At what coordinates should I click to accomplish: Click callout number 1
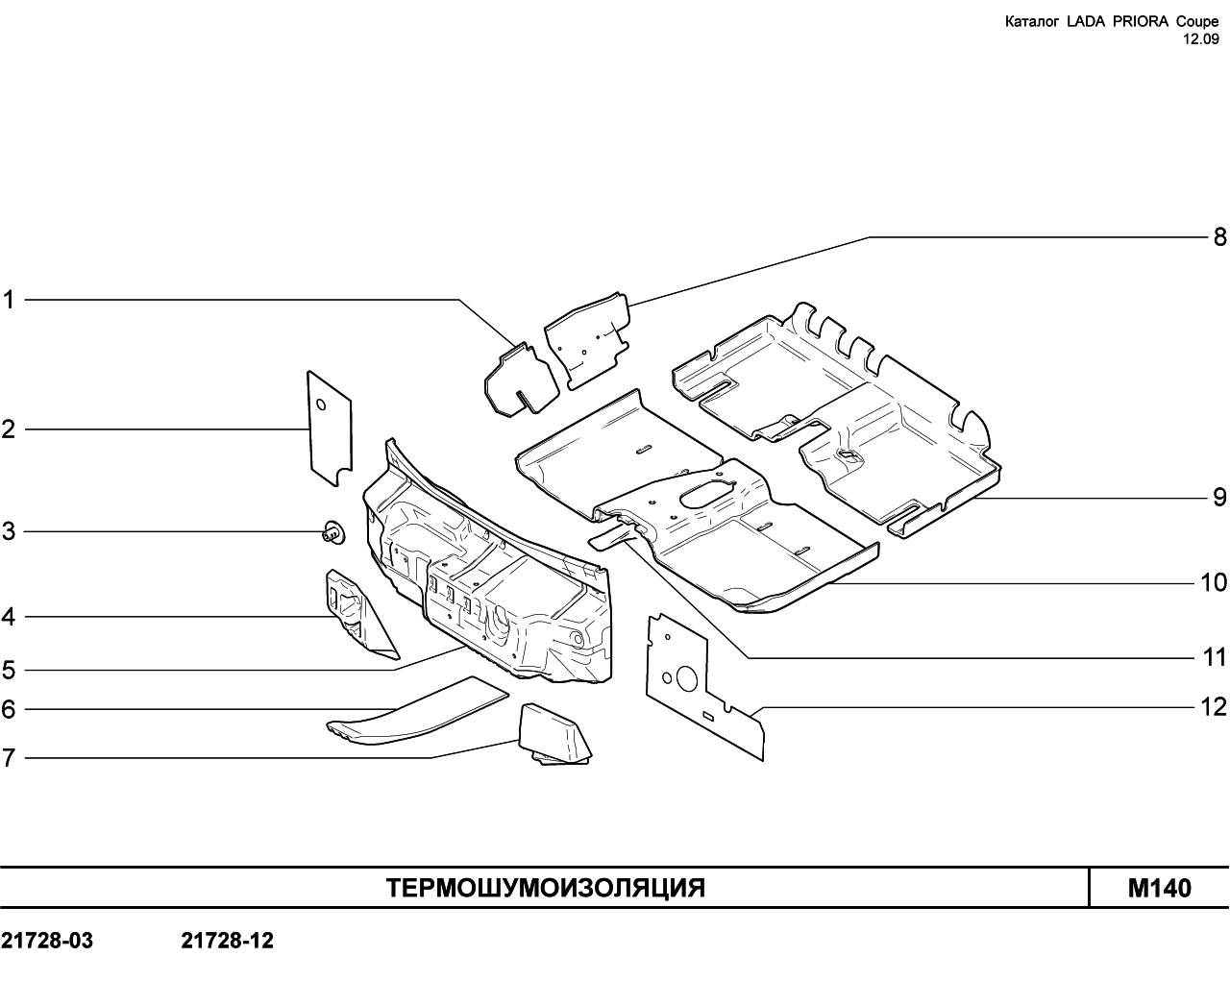pyautogui.click(x=8, y=300)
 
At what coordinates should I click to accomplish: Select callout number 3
pyautogui.click(x=8, y=531)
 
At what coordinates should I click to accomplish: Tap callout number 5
pyautogui.click(x=8, y=670)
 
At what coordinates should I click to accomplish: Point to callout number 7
pyautogui.click(x=8, y=758)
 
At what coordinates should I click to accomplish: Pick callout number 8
pyautogui.click(x=1219, y=237)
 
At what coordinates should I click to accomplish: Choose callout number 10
pyautogui.click(x=1214, y=582)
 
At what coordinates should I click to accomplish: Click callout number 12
pyautogui.click(x=1214, y=707)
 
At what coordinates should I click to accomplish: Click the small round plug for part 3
pyautogui.click(x=333, y=533)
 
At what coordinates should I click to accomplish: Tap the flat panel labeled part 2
pyautogui.click(x=331, y=429)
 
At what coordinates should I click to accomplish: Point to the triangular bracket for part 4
pyautogui.click(x=360, y=615)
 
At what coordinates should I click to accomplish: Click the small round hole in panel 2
pyautogui.click(x=321, y=405)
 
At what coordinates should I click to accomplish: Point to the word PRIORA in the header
pyautogui.click(x=1137, y=22)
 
